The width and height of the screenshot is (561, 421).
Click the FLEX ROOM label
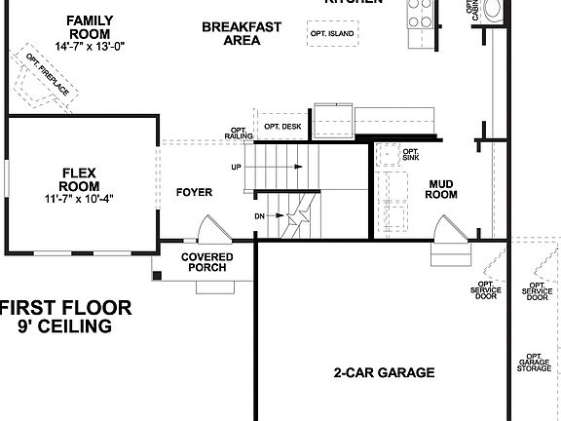[x=80, y=179]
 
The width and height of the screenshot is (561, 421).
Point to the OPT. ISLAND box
[x=332, y=34]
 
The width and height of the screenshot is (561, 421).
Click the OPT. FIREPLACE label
[x=48, y=76]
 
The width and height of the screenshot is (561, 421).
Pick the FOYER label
[x=194, y=192]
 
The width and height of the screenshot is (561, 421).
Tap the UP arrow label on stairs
[x=237, y=167]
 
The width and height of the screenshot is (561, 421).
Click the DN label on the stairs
[x=259, y=215]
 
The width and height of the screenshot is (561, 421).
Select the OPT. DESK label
[x=282, y=127]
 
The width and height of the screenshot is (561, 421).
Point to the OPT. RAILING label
[x=238, y=134]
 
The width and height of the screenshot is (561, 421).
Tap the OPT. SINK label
[x=410, y=154]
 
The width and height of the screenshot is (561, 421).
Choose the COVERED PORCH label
[x=205, y=262]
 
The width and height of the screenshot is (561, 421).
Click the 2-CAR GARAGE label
[x=384, y=372]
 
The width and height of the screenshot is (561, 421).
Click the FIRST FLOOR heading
[x=65, y=308]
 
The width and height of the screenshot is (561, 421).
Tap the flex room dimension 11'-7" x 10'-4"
[x=80, y=200]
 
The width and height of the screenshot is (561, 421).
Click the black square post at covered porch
[x=157, y=276]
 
